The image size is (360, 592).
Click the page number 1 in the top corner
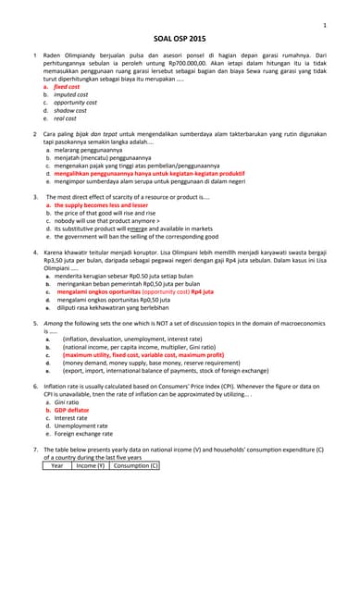pos(324,25)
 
